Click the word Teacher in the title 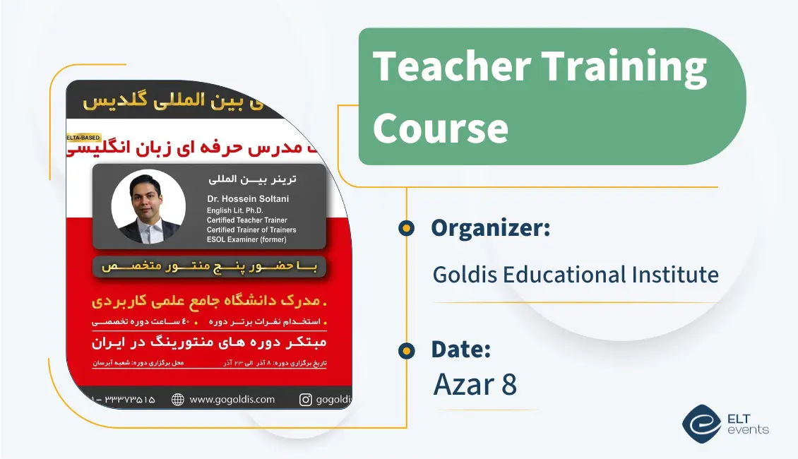point(451,66)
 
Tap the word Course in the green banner point(440,129)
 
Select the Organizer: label point(490,228)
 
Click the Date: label point(460,350)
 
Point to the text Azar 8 point(475,384)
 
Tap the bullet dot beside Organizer point(405,228)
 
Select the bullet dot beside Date point(405,350)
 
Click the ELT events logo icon point(701,424)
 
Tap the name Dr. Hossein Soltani point(248,199)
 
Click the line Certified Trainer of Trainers point(251,229)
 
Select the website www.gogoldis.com point(232,400)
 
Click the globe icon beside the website point(178,400)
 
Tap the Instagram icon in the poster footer point(306,400)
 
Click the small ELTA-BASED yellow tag point(84,137)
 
